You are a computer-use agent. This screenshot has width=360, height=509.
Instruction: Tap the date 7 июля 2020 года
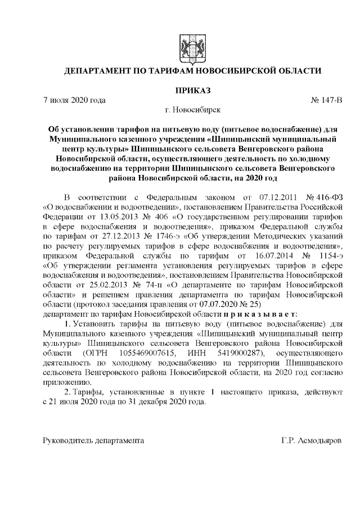(74, 101)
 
